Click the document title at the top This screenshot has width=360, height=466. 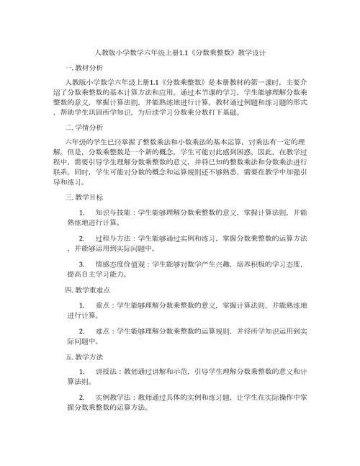click(180, 53)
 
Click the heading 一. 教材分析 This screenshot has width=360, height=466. click(84, 68)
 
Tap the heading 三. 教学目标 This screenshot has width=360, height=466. click(84, 197)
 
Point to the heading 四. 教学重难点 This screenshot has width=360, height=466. click(87, 289)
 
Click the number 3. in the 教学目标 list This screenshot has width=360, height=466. click(81, 264)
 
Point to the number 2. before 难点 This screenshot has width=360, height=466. click(81, 331)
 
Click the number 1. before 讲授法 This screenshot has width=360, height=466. click(81, 372)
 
